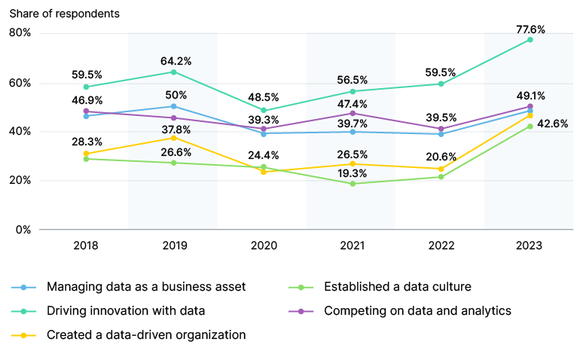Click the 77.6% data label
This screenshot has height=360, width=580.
coord(530,29)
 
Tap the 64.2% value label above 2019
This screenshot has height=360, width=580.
coord(174,60)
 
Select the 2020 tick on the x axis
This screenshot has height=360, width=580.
coord(263,246)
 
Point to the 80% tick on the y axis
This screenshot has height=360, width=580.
coord(20,33)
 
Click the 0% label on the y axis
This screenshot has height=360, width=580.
coord(23,229)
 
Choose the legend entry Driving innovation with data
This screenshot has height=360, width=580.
coord(125,310)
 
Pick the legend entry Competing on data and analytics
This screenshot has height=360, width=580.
coord(417,310)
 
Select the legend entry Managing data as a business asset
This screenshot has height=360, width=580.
coord(145,286)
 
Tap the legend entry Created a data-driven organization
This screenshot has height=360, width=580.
coord(146,334)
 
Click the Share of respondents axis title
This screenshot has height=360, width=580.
coord(64,14)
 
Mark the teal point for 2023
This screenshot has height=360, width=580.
coord(530,39)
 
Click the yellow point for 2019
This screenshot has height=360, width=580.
coord(174,138)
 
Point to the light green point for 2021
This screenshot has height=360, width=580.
coord(352,184)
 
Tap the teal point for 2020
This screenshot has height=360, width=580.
coord(263,111)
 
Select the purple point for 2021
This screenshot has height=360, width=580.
coord(352,113)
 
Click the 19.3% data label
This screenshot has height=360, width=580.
coord(352,172)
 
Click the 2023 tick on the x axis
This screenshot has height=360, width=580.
coord(530,246)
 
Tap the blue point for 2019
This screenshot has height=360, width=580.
coord(174,106)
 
